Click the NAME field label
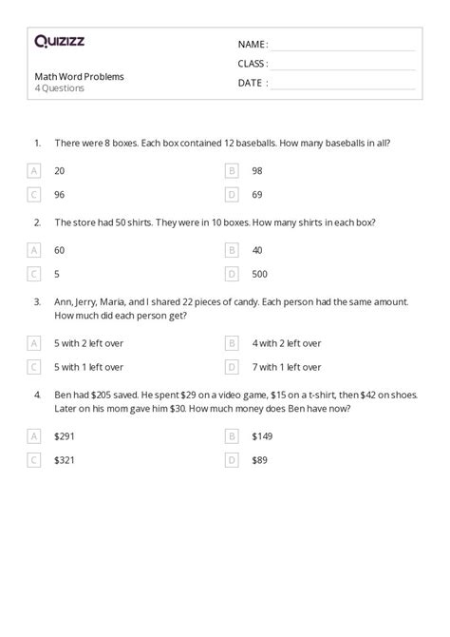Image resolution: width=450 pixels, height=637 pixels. click(x=253, y=44)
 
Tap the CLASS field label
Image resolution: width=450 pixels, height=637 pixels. click(x=253, y=64)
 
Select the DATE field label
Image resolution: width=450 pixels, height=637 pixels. click(x=252, y=83)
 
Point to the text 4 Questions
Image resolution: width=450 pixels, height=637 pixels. click(x=59, y=88)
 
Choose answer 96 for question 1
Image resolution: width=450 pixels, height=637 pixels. click(x=61, y=195)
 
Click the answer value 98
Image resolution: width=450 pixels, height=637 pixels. click(x=257, y=171)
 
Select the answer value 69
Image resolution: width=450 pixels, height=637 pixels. click(x=257, y=195)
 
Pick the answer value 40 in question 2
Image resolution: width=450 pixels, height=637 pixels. click(x=257, y=251)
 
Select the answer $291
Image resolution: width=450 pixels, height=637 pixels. click(x=64, y=436)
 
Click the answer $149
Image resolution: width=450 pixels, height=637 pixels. click(x=262, y=436)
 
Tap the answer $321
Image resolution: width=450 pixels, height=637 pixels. click(x=64, y=460)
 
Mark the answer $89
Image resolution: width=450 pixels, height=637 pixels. click(x=260, y=460)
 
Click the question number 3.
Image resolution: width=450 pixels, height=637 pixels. click(x=37, y=301)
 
